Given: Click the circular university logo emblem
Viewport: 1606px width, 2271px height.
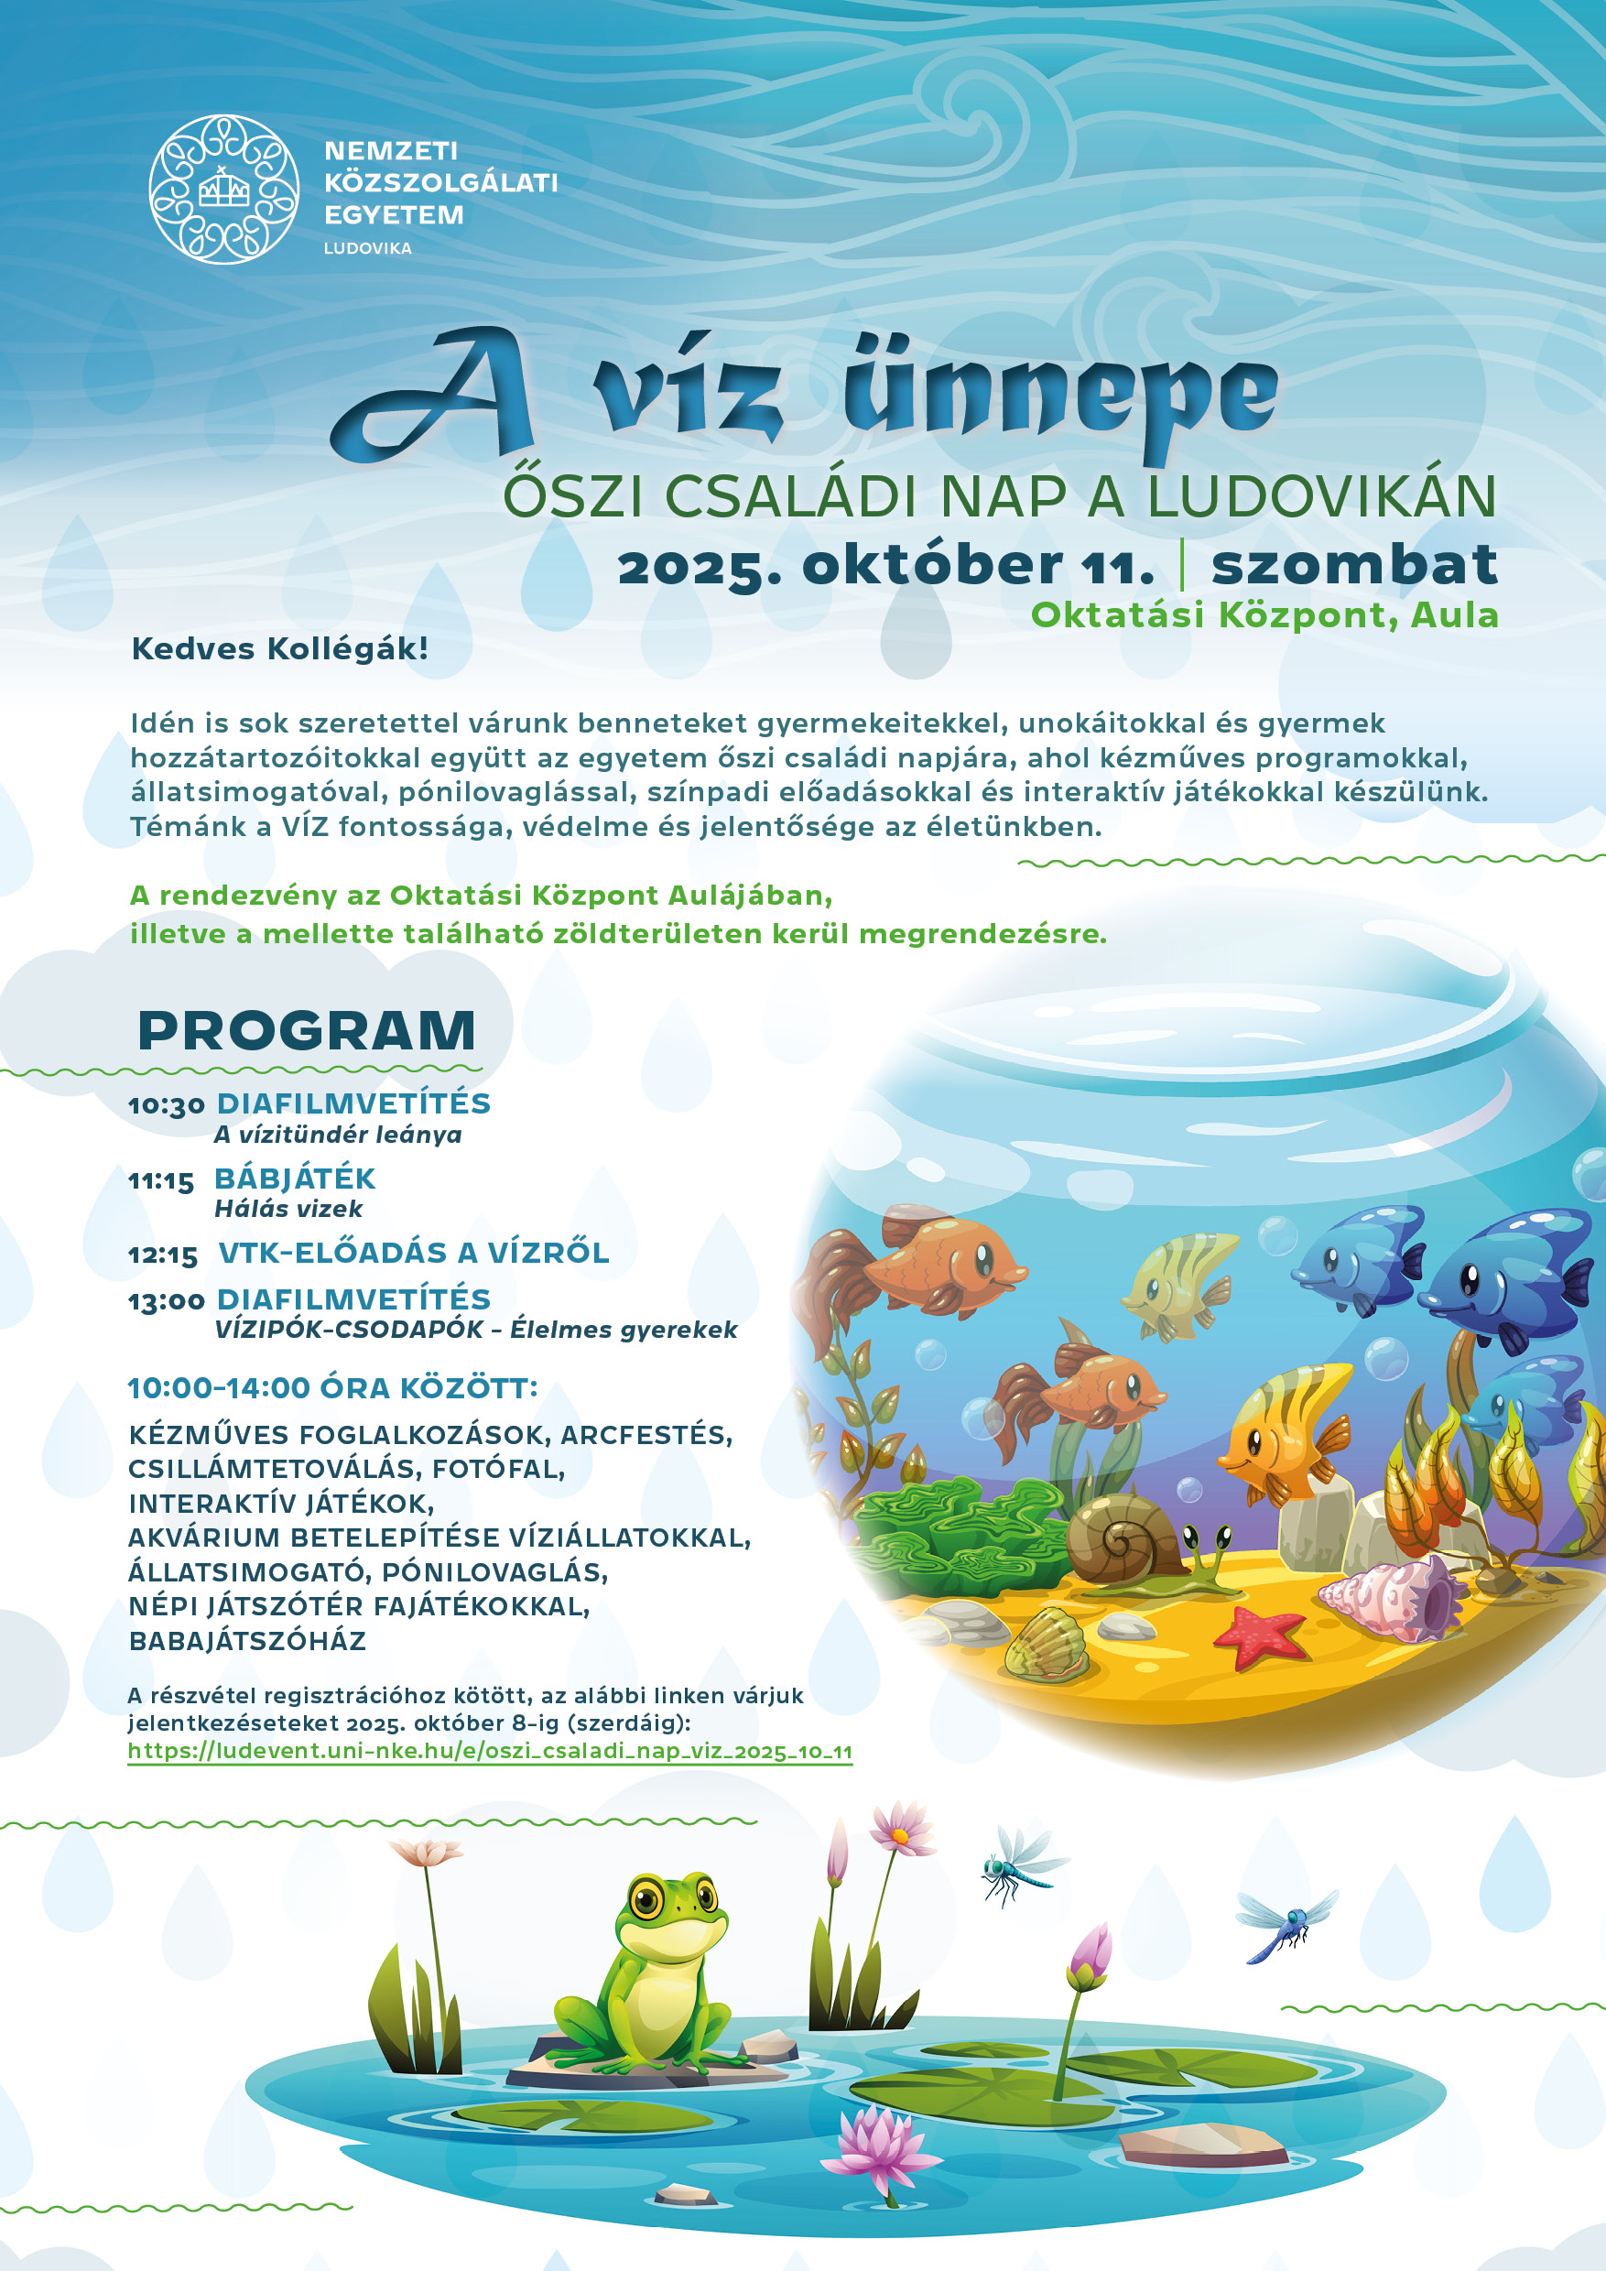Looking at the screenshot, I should click(223, 189).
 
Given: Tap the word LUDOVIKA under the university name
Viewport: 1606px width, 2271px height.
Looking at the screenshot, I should click(367, 248).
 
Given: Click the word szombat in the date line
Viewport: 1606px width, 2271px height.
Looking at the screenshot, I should click(1354, 565).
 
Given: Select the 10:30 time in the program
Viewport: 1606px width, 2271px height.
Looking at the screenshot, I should click(166, 1106).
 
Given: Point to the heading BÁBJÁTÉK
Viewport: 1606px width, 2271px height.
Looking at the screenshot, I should click(295, 1179).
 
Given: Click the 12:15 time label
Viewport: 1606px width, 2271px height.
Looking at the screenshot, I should click(163, 1256).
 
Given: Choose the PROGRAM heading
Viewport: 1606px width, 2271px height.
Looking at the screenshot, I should click(307, 1031).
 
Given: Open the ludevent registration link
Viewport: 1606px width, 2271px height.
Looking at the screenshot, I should click(490, 1752).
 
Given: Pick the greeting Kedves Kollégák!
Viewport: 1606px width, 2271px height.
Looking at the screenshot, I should click(280, 650).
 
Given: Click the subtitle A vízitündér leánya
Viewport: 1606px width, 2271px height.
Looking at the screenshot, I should click(338, 1135).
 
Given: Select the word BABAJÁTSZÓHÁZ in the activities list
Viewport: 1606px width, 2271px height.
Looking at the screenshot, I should click(247, 1641).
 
